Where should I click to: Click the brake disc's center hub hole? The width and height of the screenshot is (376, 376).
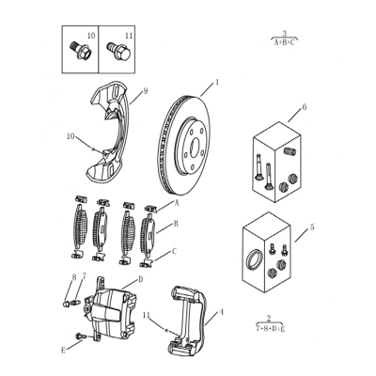pyautogui.click(x=195, y=146)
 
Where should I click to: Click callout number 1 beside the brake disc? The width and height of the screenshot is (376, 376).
pyautogui.click(x=217, y=83)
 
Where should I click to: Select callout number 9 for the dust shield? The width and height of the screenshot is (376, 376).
pyautogui.click(x=146, y=91)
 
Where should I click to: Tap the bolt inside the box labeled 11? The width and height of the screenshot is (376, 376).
pyautogui.click(x=118, y=52)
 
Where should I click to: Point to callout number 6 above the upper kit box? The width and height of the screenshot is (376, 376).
pyautogui.click(x=305, y=107)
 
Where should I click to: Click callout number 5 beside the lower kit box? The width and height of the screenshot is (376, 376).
pyautogui.click(x=312, y=227)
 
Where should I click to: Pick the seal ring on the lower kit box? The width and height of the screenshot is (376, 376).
pyautogui.click(x=253, y=258)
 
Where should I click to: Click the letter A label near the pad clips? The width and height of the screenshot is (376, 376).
pyautogui.click(x=177, y=203)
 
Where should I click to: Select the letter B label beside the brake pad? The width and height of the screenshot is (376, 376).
pyautogui.click(x=176, y=224)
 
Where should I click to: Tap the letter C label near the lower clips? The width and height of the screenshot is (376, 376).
pyautogui.click(x=175, y=252)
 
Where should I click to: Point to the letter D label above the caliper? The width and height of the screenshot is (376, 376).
pyautogui.click(x=141, y=279)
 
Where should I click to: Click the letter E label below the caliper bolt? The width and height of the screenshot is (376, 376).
pyautogui.click(x=63, y=351)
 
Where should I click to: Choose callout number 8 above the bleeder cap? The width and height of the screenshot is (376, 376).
pyautogui.click(x=74, y=277)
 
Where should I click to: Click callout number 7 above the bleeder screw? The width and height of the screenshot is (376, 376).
pyautogui.click(x=84, y=276)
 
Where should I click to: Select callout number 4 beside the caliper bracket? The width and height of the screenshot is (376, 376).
pyautogui.click(x=222, y=312)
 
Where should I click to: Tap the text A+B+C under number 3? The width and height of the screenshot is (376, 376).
pyautogui.click(x=285, y=43)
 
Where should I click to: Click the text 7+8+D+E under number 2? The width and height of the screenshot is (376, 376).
pyautogui.click(x=271, y=329)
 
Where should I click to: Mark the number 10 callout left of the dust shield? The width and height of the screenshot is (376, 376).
pyautogui.click(x=70, y=136)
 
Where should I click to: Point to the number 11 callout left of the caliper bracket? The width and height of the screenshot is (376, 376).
pyautogui.click(x=148, y=314)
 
